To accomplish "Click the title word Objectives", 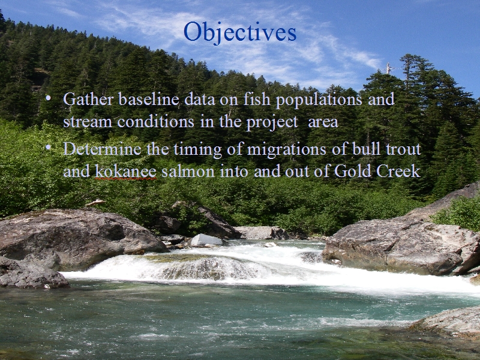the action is pos(240,32).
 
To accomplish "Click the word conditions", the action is pos(155,121).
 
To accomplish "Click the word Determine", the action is pos(102,149).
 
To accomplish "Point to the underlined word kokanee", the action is pos(126,171).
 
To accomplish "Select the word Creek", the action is pos(398,171).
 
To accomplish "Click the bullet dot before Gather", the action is pos(48,98).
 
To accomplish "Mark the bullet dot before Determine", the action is pos(48,148).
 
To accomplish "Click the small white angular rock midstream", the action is pos(206,240).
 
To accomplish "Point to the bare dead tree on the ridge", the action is pos(388,68).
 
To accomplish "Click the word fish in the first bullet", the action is pos(257,99).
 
